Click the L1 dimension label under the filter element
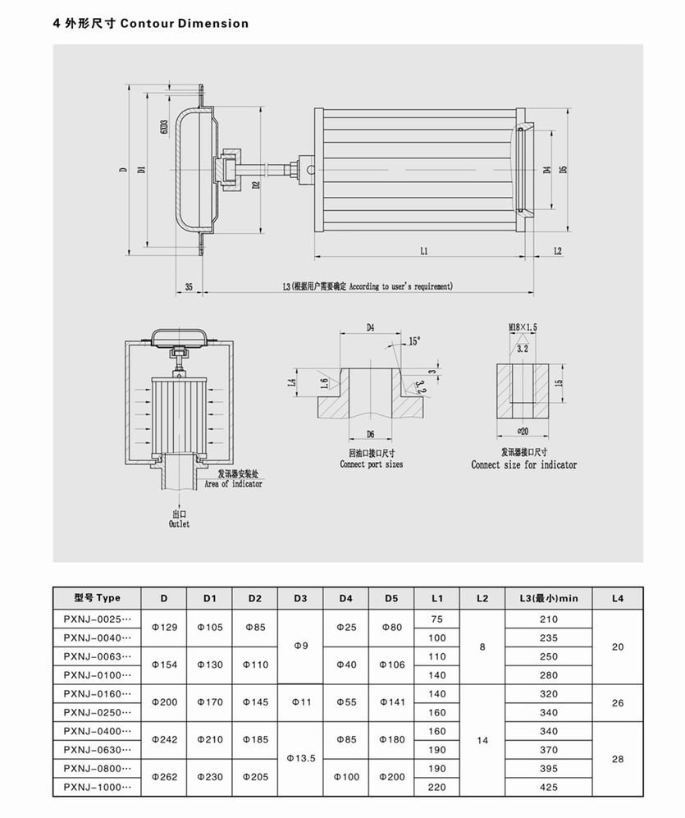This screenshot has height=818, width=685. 423,251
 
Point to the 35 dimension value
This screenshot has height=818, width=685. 190,287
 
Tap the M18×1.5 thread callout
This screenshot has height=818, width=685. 523,327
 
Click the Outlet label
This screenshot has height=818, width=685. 179,523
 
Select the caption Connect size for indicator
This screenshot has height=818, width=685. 523,464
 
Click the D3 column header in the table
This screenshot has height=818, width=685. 300,598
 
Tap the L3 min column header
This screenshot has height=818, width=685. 549,598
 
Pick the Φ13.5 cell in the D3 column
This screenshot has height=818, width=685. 300,759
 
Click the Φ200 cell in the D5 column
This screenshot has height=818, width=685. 391,777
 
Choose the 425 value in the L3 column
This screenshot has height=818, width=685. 549,787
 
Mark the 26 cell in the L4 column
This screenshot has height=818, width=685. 618,703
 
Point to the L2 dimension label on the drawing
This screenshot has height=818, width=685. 557,251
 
